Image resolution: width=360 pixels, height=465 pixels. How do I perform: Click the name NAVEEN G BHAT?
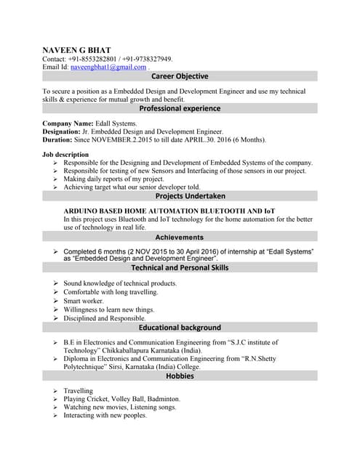[x=76, y=49]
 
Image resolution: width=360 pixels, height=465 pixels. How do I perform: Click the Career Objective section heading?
[x=180, y=76]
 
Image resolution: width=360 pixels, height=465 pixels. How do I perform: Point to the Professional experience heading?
[x=180, y=108]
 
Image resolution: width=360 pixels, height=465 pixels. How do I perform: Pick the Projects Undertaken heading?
[x=180, y=196]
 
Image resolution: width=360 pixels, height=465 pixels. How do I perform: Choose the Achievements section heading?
[x=180, y=237]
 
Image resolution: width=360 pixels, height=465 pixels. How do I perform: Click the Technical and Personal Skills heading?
[x=180, y=267]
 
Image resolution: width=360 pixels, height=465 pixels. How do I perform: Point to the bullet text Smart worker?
[x=84, y=301]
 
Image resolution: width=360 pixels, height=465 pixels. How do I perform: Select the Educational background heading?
[x=180, y=328]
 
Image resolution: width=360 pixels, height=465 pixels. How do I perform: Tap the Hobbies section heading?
[x=180, y=376]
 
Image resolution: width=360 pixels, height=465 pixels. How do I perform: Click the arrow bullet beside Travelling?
[x=56, y=391]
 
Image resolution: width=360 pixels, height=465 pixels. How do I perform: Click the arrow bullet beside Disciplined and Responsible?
[x=56, y=318]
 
